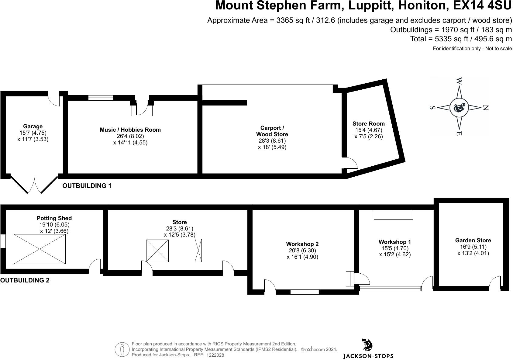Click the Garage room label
[33, 126]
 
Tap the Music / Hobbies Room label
[130, 130]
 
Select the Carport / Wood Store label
[272, 131]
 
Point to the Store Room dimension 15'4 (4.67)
[368, 130]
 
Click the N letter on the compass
[485, 108]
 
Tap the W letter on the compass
[459, 81]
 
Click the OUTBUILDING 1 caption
[87, 186]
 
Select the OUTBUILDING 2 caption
[25, 280]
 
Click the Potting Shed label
[54, 218]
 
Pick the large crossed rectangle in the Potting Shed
[40, 249]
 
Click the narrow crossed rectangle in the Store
[198, 250]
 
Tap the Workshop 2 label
[302, 244]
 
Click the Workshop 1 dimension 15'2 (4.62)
[395, 254]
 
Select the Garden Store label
[473, 241]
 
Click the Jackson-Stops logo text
[368, 356]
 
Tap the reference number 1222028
[215, 355]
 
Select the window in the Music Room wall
[101, 98]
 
